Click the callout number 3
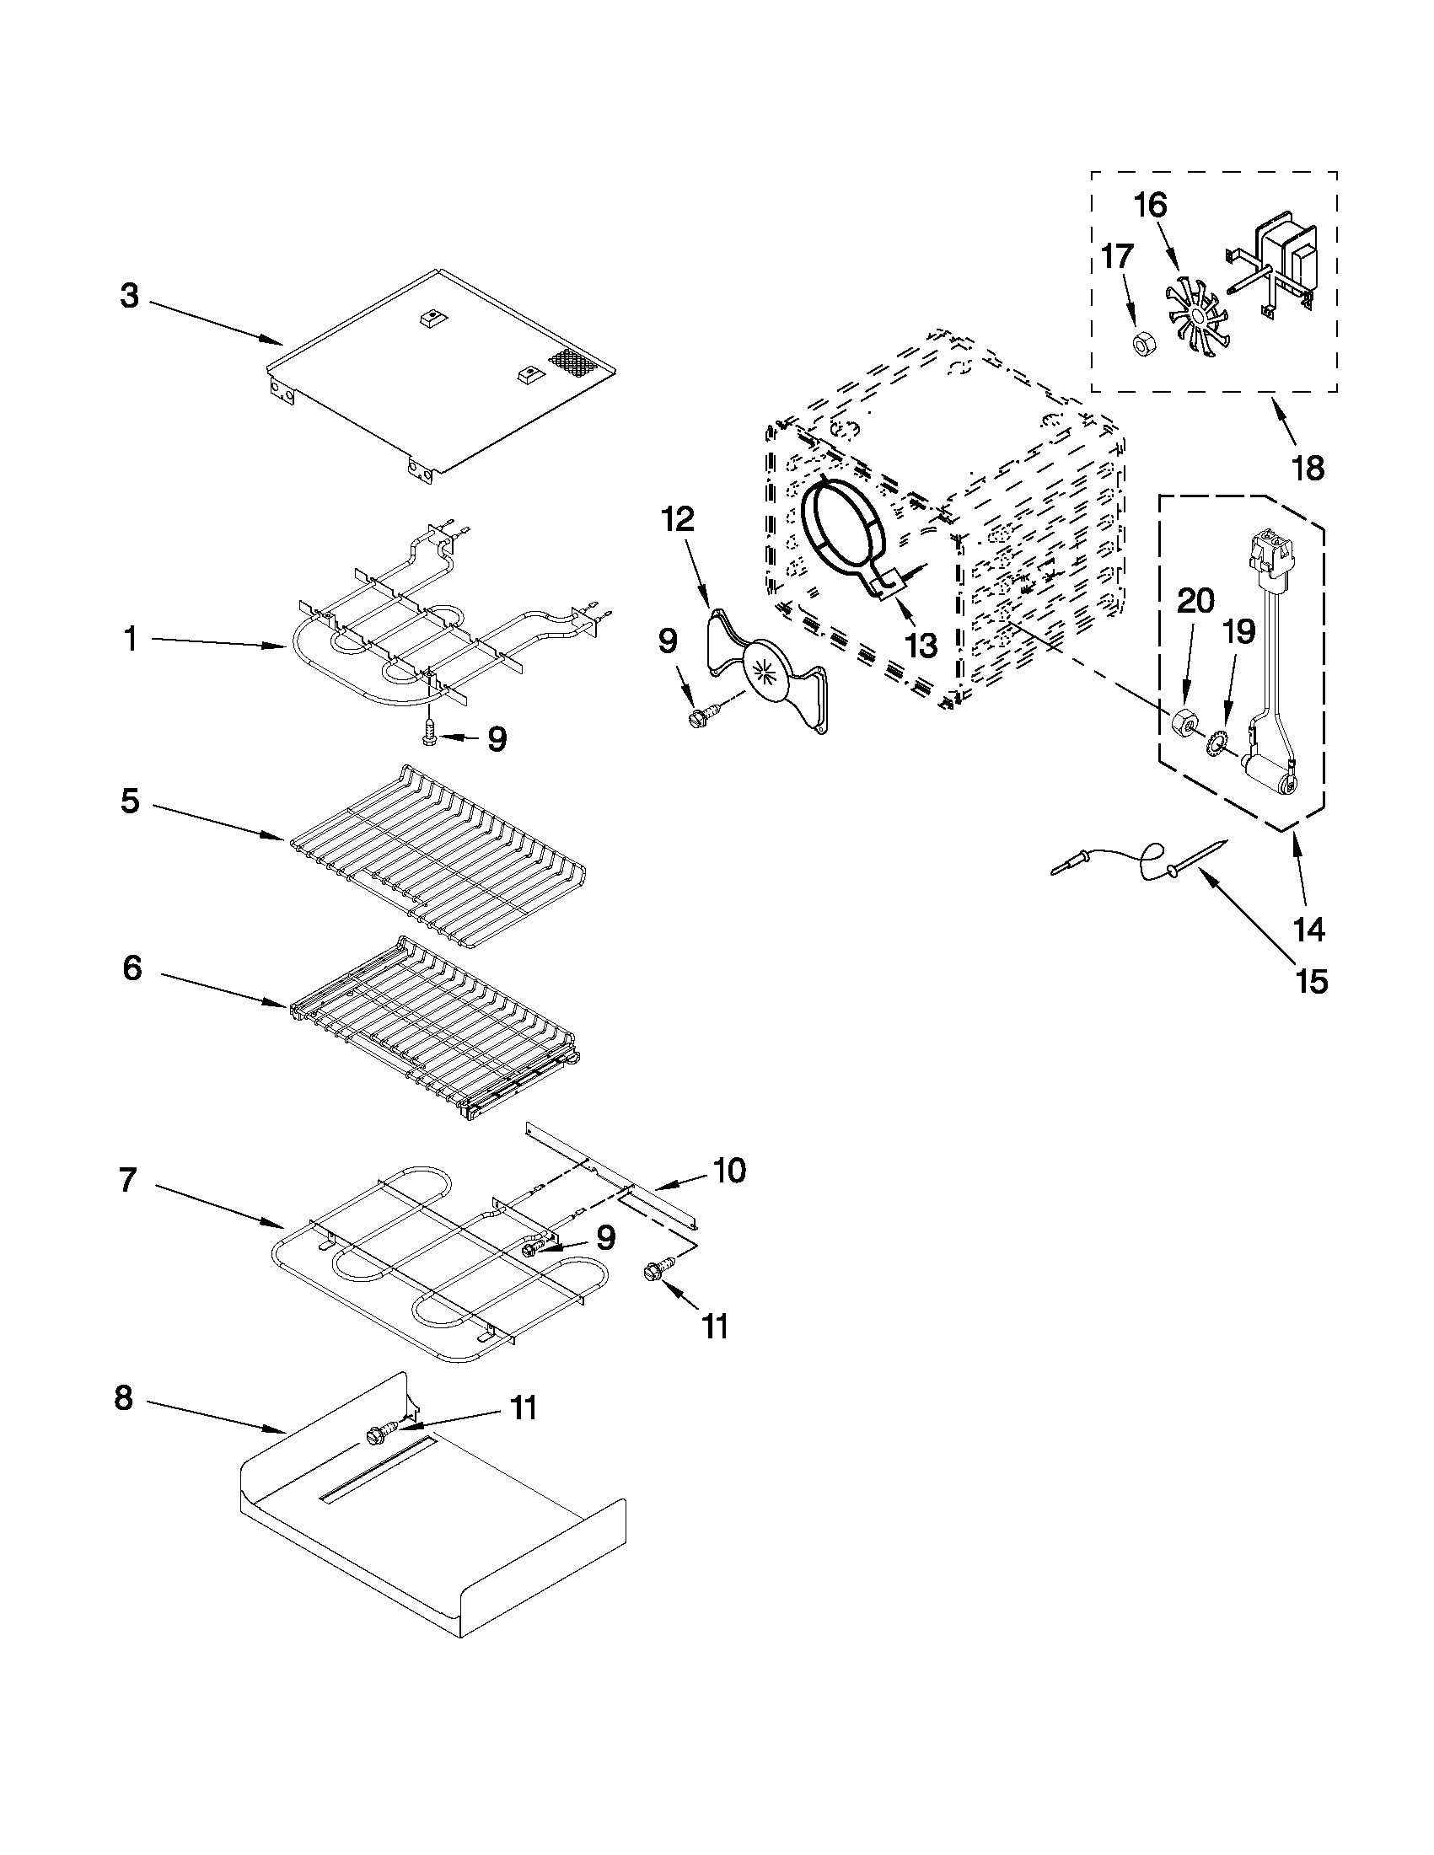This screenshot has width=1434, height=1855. click(129, 297)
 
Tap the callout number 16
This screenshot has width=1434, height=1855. click(1151, 206)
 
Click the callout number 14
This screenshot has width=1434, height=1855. click(1309, 930)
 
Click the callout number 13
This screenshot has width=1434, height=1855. click(920, 646)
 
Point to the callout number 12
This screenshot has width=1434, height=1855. click(678, 518)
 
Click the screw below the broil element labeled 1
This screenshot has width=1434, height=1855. click(430, 732)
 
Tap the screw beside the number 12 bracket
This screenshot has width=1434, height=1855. click(701, 716)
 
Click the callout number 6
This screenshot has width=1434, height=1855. click(132, 968)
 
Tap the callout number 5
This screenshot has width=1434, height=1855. click(129, 800)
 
